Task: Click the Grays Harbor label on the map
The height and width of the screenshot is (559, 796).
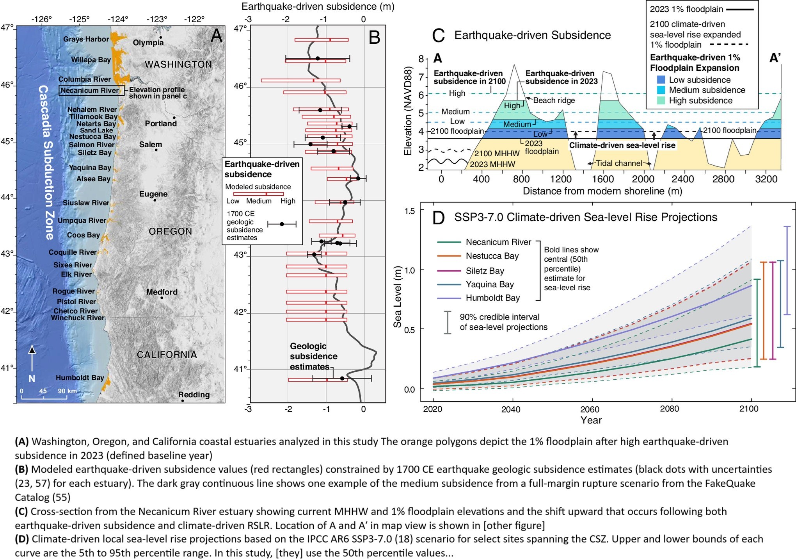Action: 86,39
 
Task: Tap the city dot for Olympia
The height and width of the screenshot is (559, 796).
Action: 160,37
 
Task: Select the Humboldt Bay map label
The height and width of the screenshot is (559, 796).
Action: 80,378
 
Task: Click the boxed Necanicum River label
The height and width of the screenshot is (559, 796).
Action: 89,91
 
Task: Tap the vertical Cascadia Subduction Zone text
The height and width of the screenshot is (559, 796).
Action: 46,162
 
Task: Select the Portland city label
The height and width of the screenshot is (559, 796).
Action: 161,123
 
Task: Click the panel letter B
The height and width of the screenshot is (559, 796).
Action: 374,38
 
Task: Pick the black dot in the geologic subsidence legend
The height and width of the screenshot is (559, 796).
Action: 282,224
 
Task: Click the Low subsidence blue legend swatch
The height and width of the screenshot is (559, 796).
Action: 661,80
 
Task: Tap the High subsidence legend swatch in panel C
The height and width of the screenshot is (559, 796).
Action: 661,100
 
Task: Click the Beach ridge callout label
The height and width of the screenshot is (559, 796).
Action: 554,100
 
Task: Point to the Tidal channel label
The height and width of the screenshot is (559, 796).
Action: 619,163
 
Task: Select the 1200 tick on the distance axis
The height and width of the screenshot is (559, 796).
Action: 561,179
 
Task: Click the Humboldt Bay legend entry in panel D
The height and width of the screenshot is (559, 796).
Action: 492,298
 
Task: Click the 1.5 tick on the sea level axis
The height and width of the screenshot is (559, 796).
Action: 410,211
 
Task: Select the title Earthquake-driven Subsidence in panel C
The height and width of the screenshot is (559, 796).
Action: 532,35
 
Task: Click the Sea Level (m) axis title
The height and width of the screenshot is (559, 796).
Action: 397,296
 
